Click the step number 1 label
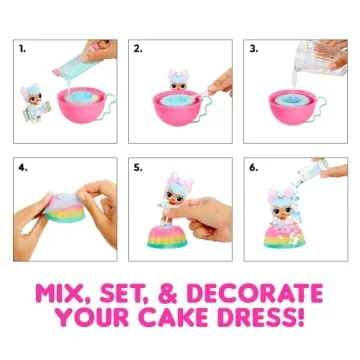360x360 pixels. (x=22, y=48)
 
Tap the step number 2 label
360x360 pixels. (x=138, y=48)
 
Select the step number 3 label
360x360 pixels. (x=254, y=48)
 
